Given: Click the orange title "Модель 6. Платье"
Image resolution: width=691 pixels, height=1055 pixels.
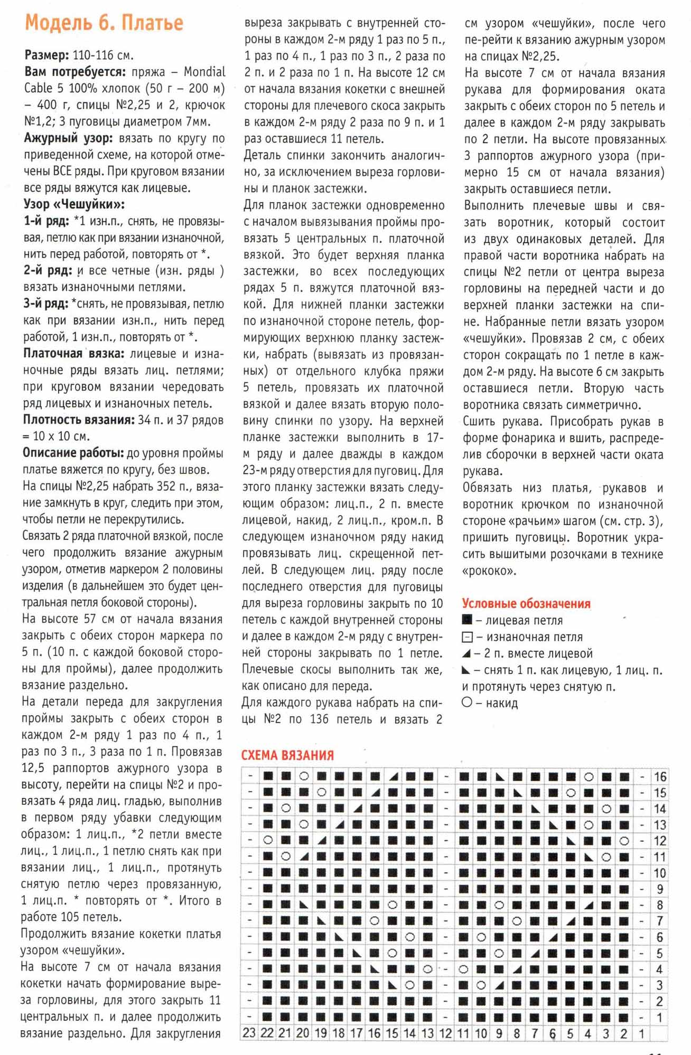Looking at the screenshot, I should click(x=104, y=23).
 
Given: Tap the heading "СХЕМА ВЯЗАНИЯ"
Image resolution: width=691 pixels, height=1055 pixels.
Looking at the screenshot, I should click(x=287, y=755).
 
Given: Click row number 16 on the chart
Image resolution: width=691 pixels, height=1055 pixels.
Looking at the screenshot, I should click(x=660, y=777).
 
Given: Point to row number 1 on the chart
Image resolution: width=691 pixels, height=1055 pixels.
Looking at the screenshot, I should click(x=660, y=1017).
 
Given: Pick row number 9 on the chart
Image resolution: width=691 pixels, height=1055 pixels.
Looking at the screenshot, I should click(x=660, y=889).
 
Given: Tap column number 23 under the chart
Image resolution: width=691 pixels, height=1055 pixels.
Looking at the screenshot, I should click(x=249, y=1033).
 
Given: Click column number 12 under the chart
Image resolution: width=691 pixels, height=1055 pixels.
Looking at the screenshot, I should click(x=446, y=1033).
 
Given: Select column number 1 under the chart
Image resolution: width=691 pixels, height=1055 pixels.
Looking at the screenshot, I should click(x=642, y=1033).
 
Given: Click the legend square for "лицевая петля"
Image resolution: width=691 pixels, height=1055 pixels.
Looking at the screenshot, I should click(x=467, y=620).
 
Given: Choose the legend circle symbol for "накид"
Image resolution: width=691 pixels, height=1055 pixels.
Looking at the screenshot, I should click(x=467, y=703).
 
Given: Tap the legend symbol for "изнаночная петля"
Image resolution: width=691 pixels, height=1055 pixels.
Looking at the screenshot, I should click(x=467, y=637).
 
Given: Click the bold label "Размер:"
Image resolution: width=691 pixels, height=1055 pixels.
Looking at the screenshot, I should click(x=46, y=55).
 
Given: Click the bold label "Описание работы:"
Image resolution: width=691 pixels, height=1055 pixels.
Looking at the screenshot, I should click(x=73, y=453).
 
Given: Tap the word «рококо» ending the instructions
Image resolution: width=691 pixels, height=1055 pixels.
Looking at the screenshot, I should click(x=489, y=571).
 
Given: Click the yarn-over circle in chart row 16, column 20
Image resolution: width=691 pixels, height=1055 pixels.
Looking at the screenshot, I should click(x=303, y=777).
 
